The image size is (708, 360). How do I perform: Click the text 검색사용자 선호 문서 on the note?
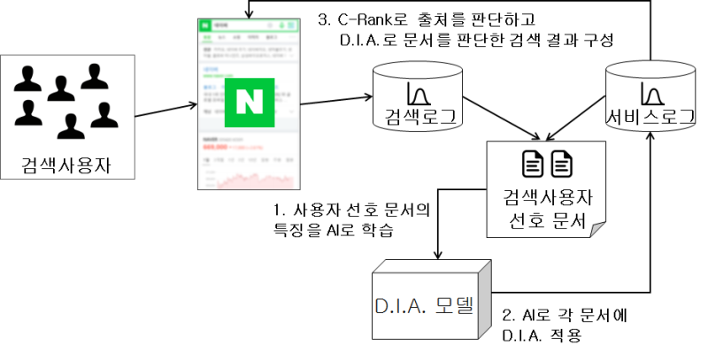pos(547,209)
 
